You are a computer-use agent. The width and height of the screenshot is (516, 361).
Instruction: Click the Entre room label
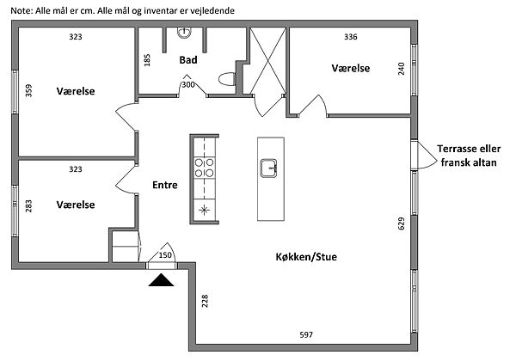(165, 185)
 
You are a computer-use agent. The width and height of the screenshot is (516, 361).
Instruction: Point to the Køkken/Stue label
(307, 257)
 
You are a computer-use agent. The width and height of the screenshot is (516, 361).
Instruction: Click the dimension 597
(305, 334)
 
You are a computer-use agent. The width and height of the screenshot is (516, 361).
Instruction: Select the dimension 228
(205, 301)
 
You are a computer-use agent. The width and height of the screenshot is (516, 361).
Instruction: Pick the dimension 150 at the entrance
(166, 255)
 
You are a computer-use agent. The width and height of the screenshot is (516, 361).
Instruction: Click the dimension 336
(350, 37)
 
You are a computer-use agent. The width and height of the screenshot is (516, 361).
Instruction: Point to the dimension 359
(28, 90)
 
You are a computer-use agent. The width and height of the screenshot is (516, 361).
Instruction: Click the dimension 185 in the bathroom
(148, 61)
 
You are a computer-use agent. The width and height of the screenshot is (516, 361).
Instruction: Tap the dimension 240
(401, 69)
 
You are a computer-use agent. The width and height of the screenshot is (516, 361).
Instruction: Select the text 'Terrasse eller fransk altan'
(464, 154)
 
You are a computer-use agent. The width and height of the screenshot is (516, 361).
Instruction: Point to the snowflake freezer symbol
(205, 210)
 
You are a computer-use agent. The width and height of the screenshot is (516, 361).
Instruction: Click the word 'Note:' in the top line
(21, 9)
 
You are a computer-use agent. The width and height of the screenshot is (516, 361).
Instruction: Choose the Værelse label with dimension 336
(351, 67)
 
